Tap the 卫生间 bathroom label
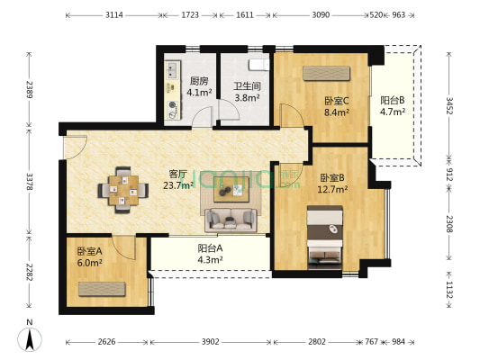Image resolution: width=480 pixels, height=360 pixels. click(248, 87)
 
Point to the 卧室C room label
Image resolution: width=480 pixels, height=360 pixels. click(337, 101)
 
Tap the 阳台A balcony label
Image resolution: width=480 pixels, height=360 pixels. click(210, 248)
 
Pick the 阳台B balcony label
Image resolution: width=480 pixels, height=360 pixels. click(393, 101)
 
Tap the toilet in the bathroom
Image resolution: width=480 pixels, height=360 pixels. click(259, 64)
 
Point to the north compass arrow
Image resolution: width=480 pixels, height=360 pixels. click(31, 338)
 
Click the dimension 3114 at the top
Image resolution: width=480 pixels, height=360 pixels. click(114, 15)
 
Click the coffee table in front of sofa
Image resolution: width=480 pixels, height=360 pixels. click(239, 188)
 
